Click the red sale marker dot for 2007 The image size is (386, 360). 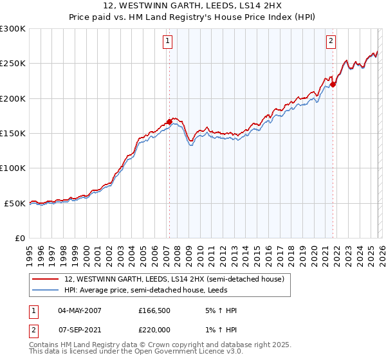169,121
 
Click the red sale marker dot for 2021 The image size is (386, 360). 333,84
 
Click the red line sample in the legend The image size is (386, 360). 46,278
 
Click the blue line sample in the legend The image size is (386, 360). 46,291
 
